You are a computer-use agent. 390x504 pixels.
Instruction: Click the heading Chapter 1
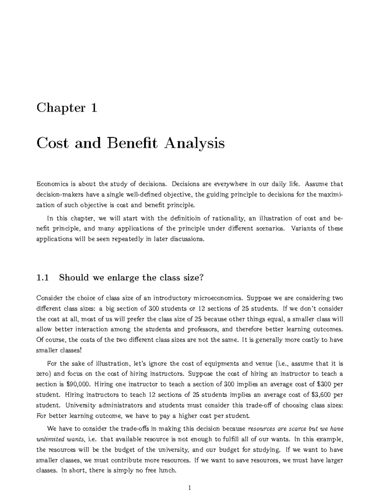click(x=67, y=108)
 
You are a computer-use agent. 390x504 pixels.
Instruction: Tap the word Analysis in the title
click(x=194, y=143)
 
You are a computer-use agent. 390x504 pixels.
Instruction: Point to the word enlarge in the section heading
click(x=121, y=278)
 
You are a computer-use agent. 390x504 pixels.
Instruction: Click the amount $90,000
click(x=79, y=384)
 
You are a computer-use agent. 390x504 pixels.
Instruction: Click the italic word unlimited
click(x=50, y=439)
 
